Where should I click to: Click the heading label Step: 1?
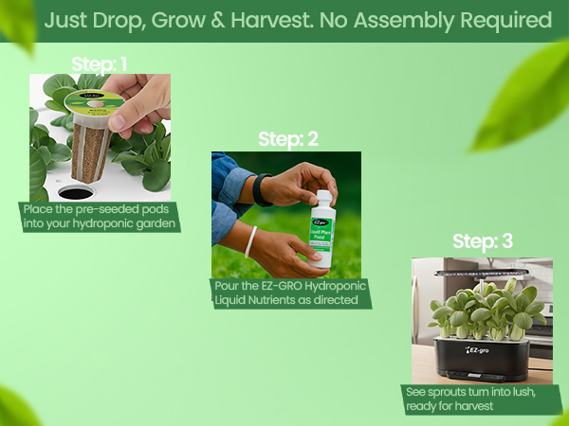pos(100,64)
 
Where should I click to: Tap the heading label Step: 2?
pos(288,139)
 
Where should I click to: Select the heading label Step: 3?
pos(483,241)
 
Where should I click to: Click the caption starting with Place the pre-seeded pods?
pos(100,216)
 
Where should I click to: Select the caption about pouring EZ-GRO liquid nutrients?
pos(290,293)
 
